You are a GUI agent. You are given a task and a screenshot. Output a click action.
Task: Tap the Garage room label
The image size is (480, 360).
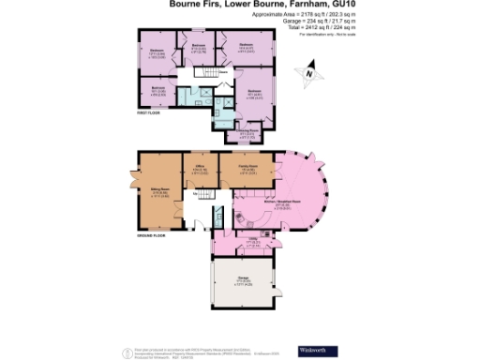pos(243,278)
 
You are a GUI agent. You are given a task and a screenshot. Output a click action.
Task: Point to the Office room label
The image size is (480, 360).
pos(199,169)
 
